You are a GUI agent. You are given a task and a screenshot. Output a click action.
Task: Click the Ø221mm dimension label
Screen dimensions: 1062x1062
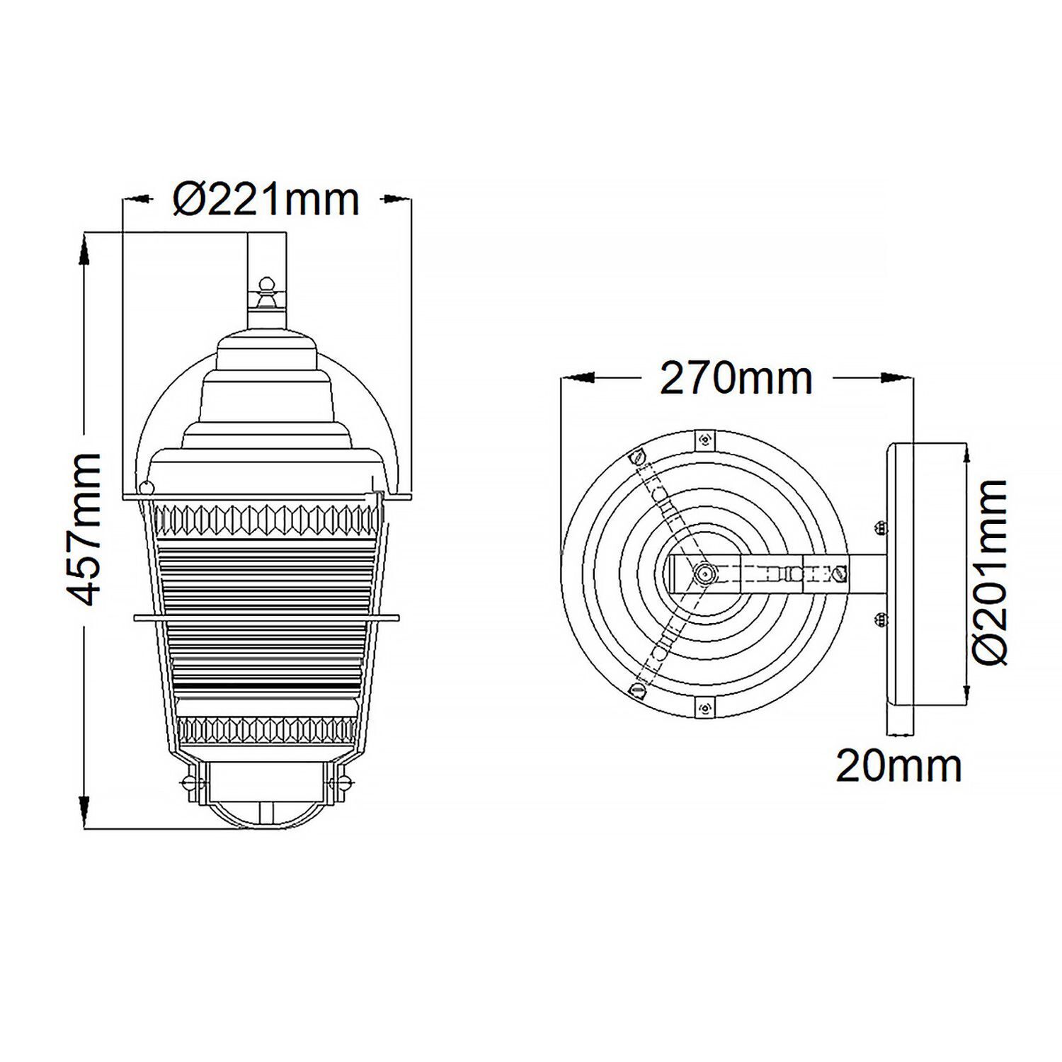click(266, 200)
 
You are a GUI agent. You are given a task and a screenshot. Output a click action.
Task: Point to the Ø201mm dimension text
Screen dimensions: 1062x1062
click(990, 572)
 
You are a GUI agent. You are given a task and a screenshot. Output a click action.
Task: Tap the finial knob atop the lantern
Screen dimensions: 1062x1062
click(266, 287)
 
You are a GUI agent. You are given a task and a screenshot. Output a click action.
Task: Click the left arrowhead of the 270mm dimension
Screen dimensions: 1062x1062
click(577, 379)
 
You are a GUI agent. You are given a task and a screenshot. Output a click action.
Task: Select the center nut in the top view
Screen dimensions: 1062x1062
click(703, 573)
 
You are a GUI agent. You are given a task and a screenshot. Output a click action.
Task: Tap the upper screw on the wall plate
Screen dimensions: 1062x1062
click(881, 527)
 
